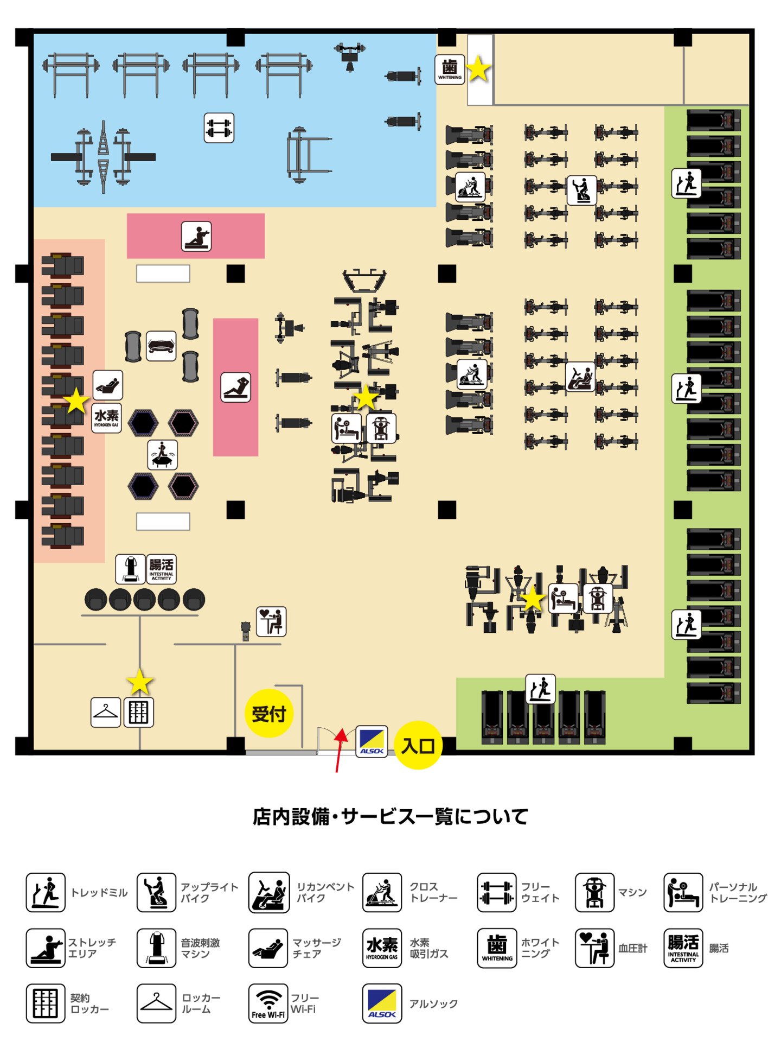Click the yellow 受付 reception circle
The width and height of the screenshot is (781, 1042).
point(268,713)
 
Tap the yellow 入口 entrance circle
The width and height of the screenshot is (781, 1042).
point(418,746)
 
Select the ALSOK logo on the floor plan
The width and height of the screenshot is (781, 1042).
point(372,741)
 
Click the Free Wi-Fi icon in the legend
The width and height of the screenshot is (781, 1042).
point(268,1003)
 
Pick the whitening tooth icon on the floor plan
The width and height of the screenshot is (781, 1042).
point(450,69)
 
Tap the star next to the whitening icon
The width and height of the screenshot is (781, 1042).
point(478,69)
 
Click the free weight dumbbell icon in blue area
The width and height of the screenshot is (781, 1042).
point(219,128)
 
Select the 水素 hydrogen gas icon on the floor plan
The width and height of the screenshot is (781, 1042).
point(106,418)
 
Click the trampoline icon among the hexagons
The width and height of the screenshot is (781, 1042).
point(162,454)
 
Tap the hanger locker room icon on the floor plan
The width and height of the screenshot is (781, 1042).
point(106,712)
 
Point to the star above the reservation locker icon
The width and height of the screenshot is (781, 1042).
point(140,682)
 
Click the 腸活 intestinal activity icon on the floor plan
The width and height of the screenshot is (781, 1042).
point(161,569)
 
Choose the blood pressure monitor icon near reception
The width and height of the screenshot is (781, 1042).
point(271,621)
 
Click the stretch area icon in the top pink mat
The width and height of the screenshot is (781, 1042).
point(196,237)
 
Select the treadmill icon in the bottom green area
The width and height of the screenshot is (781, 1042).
point(540,689)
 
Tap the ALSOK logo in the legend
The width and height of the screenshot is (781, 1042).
point(382,1003)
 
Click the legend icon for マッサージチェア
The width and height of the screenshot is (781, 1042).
point(268,948)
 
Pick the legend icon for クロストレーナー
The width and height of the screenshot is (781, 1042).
point(382,893)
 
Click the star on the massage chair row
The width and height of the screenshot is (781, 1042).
point(76,401)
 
